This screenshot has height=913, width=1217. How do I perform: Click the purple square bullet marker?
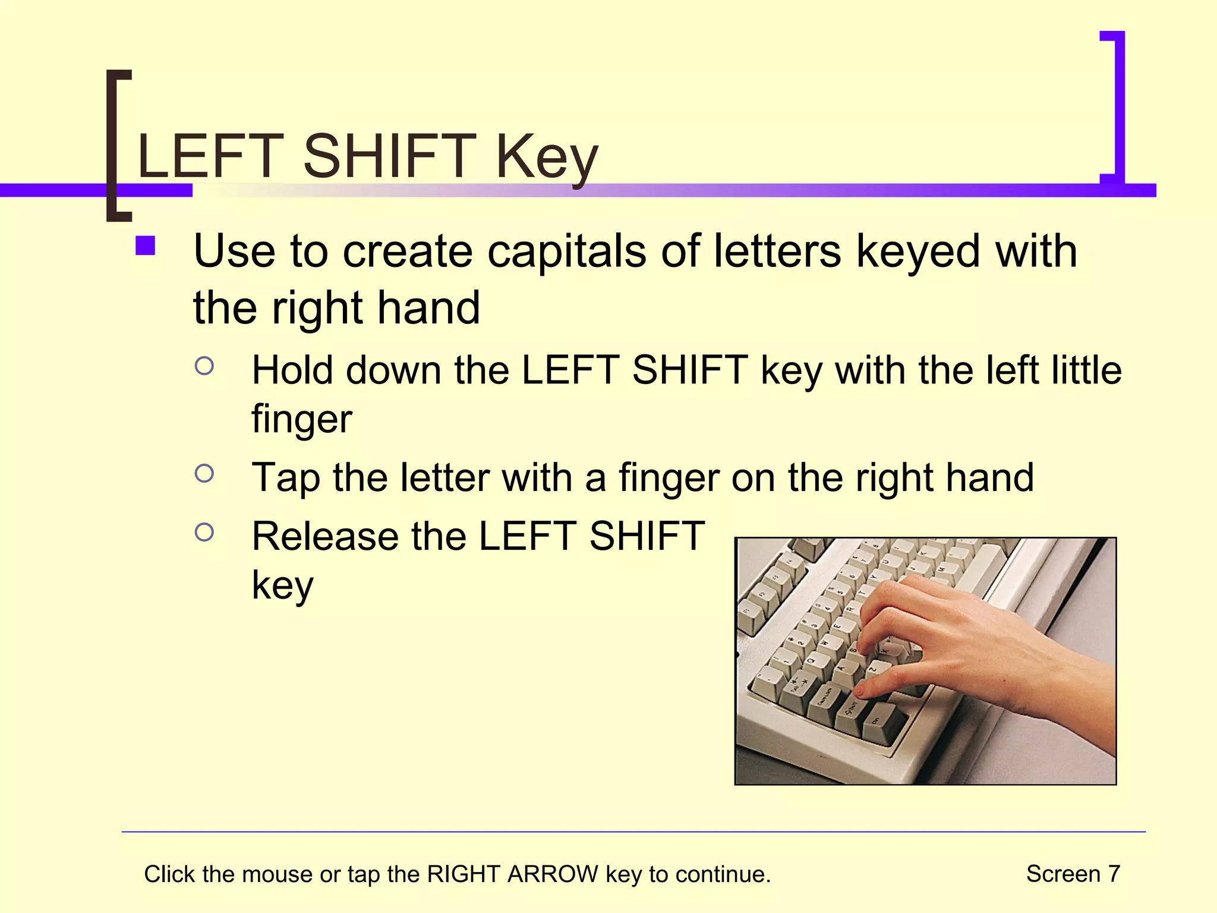click(145, 246)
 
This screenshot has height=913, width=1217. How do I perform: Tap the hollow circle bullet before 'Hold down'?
click(204, 366)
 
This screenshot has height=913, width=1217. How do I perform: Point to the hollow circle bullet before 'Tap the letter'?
click(204, 474)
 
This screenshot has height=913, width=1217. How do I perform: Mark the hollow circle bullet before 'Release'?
click(204, 533)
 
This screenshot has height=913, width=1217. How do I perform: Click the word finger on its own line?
click(302, 419)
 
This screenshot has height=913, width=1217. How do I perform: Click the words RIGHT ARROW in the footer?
click(513, 874)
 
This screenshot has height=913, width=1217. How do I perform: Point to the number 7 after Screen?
click(1114, 874)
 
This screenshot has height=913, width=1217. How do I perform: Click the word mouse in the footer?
click(277, 874)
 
